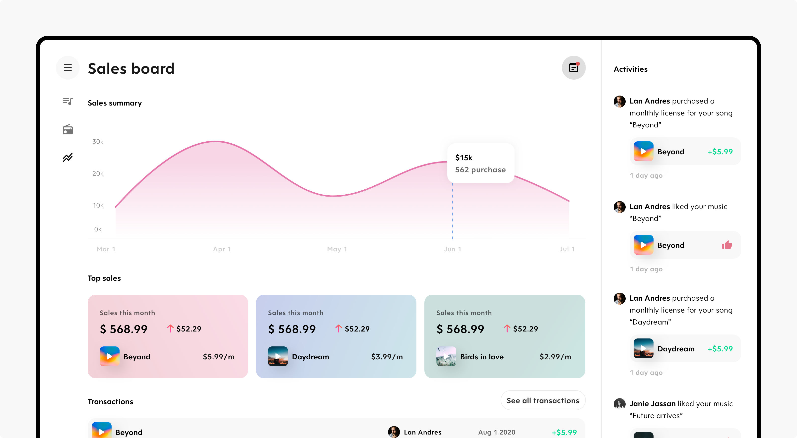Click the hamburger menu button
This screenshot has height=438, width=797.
click(68, 68)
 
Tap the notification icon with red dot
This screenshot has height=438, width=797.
click(574, 68)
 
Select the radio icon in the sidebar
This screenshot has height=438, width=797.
click(68, 129)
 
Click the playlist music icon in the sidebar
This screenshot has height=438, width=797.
click(68, 101)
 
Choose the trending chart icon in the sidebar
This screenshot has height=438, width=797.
click(68, 157)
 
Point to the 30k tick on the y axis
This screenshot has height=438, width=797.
click(98, 142)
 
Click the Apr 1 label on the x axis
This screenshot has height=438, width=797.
click(222, 249)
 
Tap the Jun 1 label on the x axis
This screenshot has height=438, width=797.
click(452, 249)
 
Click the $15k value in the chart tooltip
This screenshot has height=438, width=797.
click(464, 158)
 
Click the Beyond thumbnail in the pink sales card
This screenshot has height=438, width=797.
click(110, 356)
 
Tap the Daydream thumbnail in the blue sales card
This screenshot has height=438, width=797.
click(278, 356)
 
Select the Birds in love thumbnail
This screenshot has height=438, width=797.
click(446, 356)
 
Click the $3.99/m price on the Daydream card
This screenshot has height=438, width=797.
click(387, 357)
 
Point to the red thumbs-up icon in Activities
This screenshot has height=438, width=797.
click(727, 245)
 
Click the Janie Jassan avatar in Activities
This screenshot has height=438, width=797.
click(619, 404)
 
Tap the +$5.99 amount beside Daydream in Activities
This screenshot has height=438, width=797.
click(720, 349)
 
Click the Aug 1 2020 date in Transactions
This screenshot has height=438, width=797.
click(497, 432)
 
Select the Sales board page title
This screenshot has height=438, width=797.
click(131, 68)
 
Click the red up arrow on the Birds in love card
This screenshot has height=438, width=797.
click(507, 328)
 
